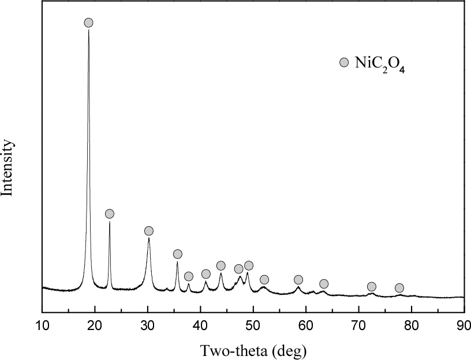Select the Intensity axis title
[x=8, y=167]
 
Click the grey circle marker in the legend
[x=344, y=62]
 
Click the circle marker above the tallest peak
[x=88, y=22]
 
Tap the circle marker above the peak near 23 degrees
[x=110, y=214]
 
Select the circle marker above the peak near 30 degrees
[x=149, y=231]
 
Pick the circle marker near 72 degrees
[x=372, y=287]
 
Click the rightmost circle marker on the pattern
[x=399, y=288]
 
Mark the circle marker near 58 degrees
[x=298, y=280]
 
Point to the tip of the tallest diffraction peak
[x=88, y=30]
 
